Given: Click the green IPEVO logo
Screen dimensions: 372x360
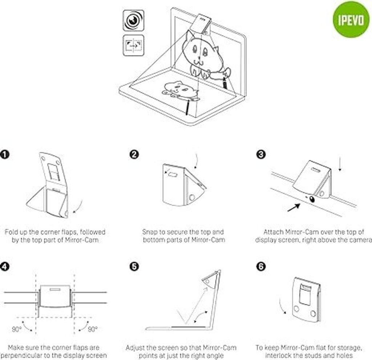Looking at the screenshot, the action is tap(351, 20).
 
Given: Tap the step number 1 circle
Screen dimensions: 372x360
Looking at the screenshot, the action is tap(5, 154).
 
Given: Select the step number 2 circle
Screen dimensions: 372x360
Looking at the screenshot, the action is tap(134, 154).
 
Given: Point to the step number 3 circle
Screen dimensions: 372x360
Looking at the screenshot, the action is tap(261, 154).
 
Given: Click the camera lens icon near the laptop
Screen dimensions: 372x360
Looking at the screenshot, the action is tap(133, 20).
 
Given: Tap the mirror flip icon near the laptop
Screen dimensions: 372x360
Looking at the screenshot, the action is tap(133, 45).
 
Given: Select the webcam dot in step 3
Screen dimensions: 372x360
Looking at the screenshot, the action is tap(312, 198).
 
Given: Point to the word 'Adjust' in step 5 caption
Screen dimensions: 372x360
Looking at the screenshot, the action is tap(135, 348).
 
